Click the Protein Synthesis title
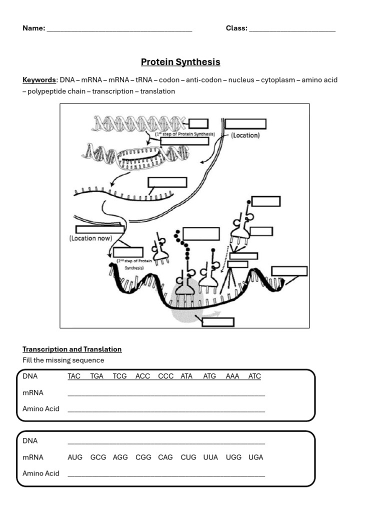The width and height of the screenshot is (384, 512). [x=180, y=62]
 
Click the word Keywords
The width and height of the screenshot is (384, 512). [x=39, y=80]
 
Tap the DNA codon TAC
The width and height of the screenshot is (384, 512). [x=74, y=376]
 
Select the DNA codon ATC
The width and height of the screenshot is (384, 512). [x=254, y=376]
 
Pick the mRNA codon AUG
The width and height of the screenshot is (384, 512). [x=75, y=457]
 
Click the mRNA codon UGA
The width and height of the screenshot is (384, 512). [x=255, y=457]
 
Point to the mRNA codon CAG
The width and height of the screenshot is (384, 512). [x=165, y=457]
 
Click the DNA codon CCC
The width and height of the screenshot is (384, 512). [x=166, y=376]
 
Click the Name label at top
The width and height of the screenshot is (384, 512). [x=33, y=28]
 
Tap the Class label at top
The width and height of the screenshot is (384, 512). [x=236, y=28]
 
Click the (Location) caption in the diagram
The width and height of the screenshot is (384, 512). [x=245, y=135]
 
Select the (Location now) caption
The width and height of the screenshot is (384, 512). [x=90, y=238]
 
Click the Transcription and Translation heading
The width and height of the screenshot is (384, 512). [x=72, y=349]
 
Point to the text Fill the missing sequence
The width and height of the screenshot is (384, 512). [x=63, y=360]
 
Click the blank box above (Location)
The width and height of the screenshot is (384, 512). [x=245, y=124]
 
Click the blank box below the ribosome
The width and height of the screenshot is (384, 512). [x=218, y=322]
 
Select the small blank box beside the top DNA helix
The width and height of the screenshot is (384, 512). [x=198, y=123]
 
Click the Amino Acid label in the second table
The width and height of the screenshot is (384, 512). [x=41, y=473]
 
